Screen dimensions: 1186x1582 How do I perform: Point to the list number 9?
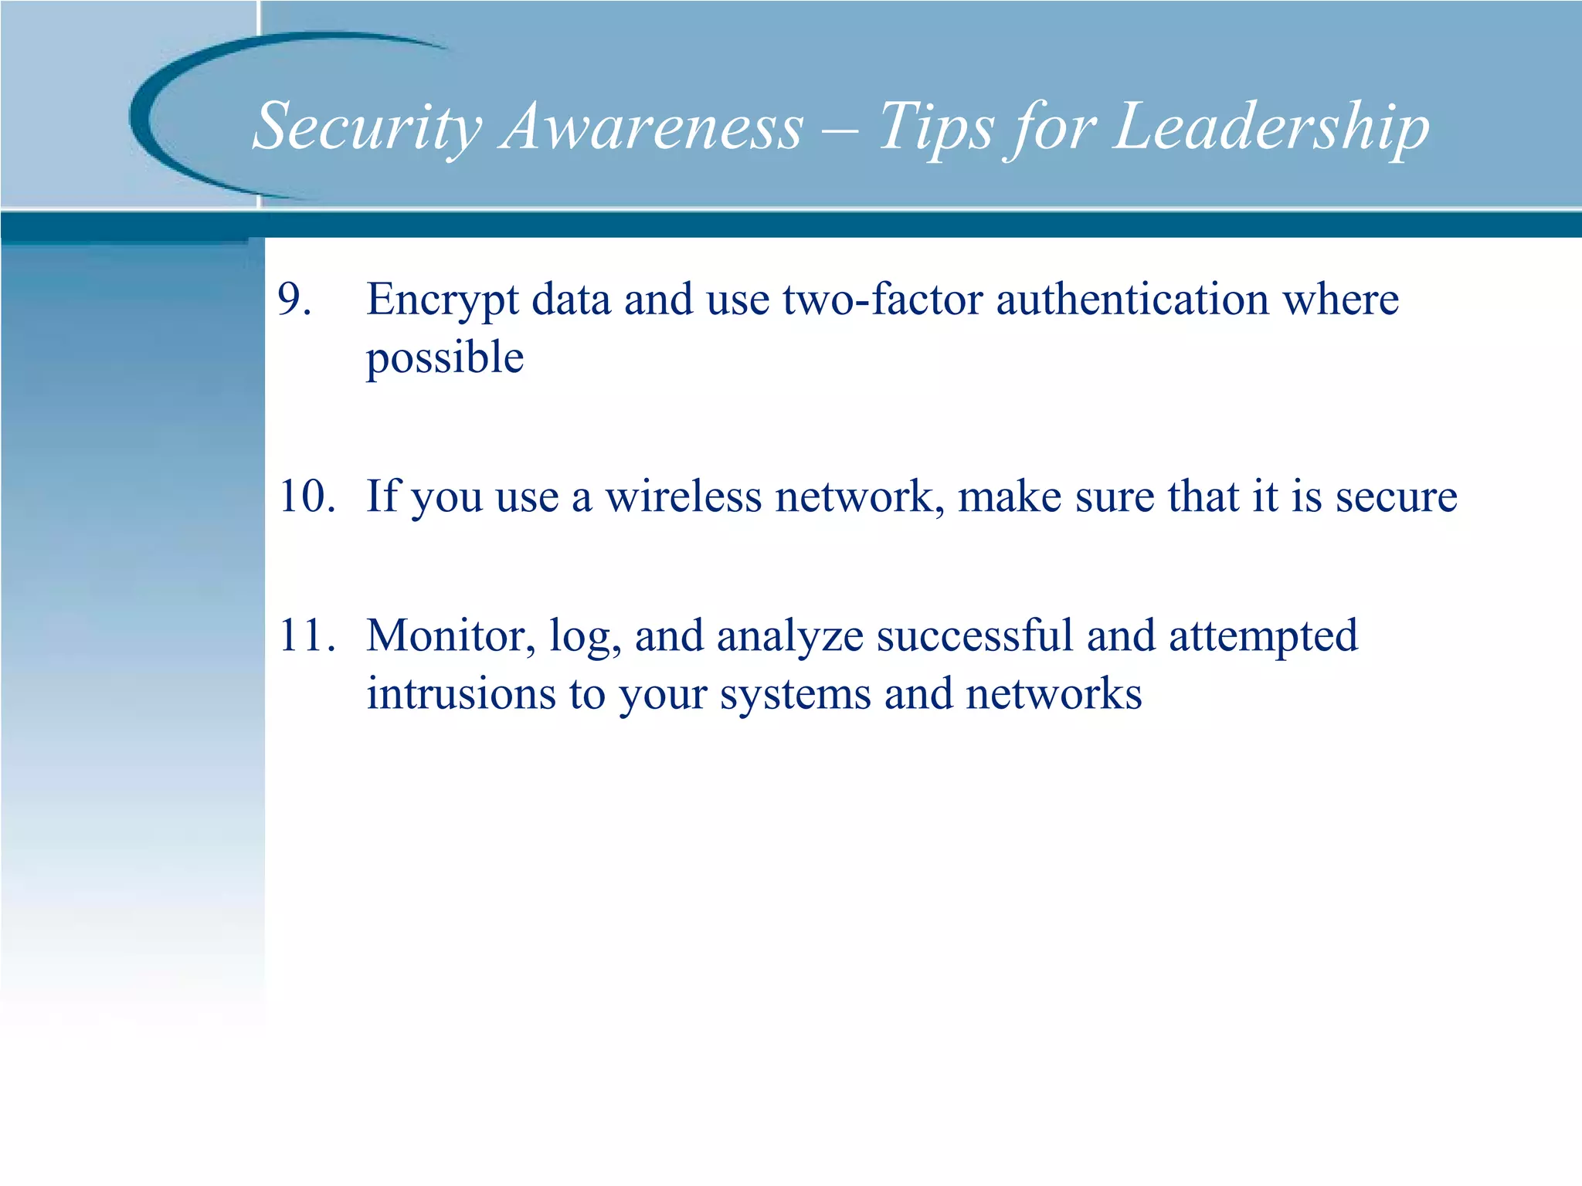point(294,300)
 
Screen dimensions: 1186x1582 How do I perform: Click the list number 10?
point(307,496)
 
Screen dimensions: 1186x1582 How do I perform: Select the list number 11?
point(307,635)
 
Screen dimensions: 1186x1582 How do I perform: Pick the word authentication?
point(1132,300)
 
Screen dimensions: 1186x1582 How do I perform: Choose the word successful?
point(975,635)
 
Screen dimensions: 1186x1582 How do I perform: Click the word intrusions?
point(460,693)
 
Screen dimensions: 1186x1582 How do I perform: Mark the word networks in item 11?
point(1054,693)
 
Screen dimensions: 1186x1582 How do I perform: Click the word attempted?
point(1263,637)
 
